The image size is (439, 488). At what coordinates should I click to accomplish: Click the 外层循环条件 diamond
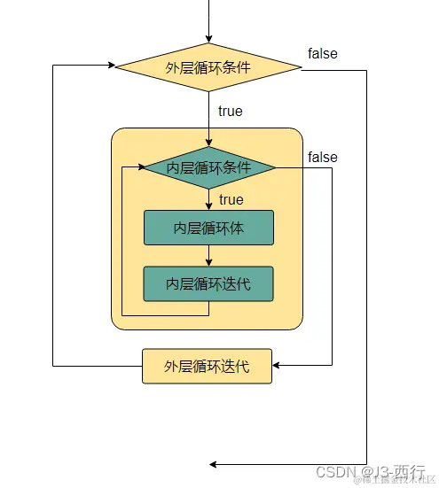coord(208,67)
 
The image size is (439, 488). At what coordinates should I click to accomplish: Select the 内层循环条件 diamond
coord(208,167)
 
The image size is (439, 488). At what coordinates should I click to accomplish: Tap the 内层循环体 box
coord(208,228)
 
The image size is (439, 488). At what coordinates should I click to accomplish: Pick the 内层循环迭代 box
coord(208,283)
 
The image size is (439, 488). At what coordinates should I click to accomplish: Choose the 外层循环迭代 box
coord(207,366)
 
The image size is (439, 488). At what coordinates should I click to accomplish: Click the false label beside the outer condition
coord(323,53)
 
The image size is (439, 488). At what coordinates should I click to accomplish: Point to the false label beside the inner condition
coord(323,157)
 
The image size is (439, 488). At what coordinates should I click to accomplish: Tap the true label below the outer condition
coord(230,112)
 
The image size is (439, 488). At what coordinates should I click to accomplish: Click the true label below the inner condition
coord(231,200)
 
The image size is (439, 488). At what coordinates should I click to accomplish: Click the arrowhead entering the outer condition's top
coord(208,39)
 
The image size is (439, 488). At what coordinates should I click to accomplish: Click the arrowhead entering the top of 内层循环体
coord(208,206)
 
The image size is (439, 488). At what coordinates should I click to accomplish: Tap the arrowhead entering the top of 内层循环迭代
coord(208,262)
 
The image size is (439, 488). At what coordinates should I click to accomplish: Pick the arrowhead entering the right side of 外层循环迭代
coord(277,365)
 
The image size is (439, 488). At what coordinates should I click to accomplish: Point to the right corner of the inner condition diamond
coord(276,167)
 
